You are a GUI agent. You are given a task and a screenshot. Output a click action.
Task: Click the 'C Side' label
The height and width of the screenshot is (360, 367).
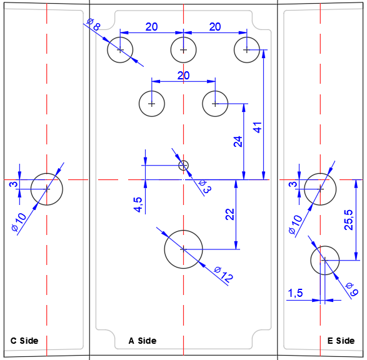coord(24,341)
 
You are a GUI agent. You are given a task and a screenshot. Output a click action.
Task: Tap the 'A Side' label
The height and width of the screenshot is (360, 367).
coord(143,341)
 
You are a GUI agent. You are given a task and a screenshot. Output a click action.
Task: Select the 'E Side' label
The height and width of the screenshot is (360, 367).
coord(341,341)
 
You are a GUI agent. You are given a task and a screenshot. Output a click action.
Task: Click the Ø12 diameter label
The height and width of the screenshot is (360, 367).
coord(224,274)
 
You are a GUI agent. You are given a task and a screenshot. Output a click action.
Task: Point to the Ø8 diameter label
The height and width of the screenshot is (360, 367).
coord(93,25)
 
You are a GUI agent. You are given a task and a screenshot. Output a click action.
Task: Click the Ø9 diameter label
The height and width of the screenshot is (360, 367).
coord(353,289)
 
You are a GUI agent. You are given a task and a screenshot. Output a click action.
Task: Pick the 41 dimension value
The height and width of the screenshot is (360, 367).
coord(258,127)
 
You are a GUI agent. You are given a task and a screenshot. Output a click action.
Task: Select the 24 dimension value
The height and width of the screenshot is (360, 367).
coord(238,141)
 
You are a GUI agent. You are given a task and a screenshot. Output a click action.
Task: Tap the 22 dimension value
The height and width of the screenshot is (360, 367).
coord(230,214)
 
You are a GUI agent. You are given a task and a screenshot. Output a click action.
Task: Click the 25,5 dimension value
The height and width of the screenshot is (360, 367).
coord(348,220)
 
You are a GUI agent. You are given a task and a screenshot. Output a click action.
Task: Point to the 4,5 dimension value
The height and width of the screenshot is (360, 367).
coord(138,204)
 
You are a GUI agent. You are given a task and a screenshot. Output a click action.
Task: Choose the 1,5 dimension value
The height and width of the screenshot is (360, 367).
coord(295,293)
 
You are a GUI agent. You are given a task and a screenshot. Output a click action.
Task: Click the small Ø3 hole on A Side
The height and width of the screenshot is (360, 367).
coord(184,161)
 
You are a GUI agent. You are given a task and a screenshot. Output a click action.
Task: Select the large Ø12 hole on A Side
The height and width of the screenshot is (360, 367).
coord(184,231)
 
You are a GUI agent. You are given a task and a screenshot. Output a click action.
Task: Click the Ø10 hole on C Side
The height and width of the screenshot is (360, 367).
coord(47,173)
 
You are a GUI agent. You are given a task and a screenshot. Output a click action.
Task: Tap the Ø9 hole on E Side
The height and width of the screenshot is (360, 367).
coord(325,246)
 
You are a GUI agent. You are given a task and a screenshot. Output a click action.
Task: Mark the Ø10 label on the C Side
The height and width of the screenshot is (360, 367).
coord(19,222)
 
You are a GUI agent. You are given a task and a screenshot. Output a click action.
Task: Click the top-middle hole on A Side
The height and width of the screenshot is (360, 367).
coord(184,37)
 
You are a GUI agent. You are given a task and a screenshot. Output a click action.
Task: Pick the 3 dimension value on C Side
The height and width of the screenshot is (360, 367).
coord(14,184)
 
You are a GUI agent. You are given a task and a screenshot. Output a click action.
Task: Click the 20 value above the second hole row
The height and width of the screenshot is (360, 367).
coord(183,76)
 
